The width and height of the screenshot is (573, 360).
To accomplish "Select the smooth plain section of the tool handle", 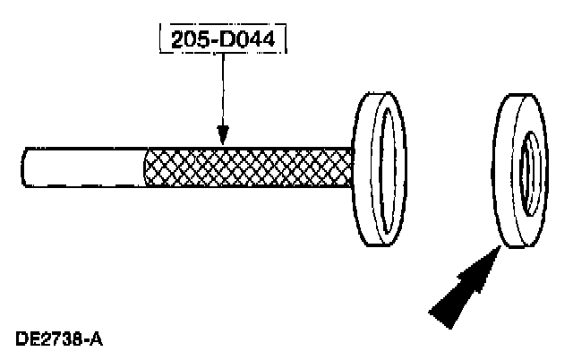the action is pyautogui.click(x=85, y=167).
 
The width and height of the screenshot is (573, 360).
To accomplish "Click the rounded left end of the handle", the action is pyautogui.click(x=27, y=167).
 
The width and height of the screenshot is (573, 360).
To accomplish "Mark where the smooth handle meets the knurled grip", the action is pyautogui.click(x=146, y=167).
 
